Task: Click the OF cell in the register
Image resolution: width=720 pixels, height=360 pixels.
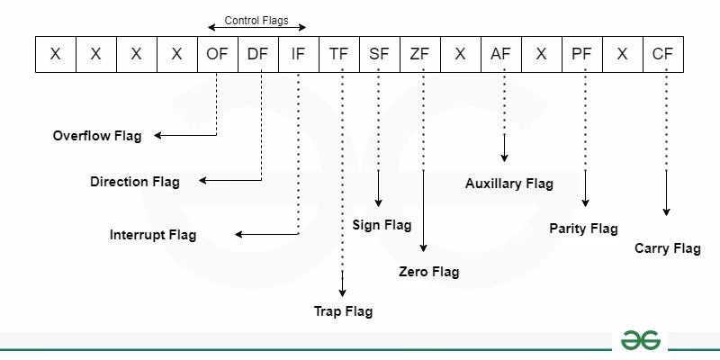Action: click(217, 54)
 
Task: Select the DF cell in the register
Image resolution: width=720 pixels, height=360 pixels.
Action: click(257, 54)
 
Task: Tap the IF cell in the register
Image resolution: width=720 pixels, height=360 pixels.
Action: click(298, 54)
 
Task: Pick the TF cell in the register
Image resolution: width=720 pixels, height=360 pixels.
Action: click(338, 54)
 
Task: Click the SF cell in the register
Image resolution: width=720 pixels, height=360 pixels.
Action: click(379, 54)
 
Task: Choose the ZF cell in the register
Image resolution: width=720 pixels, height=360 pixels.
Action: click(419, 54)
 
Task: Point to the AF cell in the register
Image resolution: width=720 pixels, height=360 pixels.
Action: click(500, 54)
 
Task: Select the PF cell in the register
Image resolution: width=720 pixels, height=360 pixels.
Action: click(581, 54)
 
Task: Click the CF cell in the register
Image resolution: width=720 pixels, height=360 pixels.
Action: click(662, 54)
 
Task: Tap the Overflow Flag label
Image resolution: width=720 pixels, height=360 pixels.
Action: click(97, 136)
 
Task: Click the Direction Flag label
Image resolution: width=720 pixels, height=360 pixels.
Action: click(135, 182)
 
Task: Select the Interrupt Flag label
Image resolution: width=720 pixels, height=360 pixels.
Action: click(153, 235)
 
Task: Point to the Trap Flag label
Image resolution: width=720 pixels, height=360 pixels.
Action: click(343, 311)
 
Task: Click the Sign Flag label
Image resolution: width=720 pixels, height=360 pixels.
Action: click(382, 225)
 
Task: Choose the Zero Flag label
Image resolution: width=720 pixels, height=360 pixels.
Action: click(428, 271)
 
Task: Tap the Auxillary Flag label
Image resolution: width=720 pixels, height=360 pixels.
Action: click(509, 184)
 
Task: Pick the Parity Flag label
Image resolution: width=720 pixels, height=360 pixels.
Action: click(583, 229)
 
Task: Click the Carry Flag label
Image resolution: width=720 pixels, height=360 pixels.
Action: click(667, 248)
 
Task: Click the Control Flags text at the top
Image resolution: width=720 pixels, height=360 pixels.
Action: click(256, 20)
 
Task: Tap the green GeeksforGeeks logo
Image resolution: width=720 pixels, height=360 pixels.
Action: click(641, 340)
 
